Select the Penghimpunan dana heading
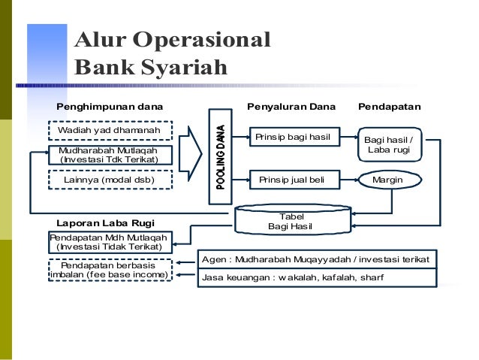click(x=110, y=107)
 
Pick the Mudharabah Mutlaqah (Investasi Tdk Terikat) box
click(x=110, y=156)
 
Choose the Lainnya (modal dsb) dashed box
click(x=110, y=180)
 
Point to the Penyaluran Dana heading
click(x=292, y=107)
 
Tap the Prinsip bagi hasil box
click(x=294, y=138)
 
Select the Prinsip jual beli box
click(x=294, y=180)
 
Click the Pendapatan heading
click(x=390, y=107)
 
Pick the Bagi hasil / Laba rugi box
click(x=389, y=146)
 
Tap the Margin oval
click(x=388, y=180)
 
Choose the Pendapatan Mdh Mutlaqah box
click(x=110, y=242)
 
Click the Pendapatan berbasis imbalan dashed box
click(x=110, y=271)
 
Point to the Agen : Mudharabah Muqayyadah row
click(x=315, y=259)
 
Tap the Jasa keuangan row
click(x=315, y=277)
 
